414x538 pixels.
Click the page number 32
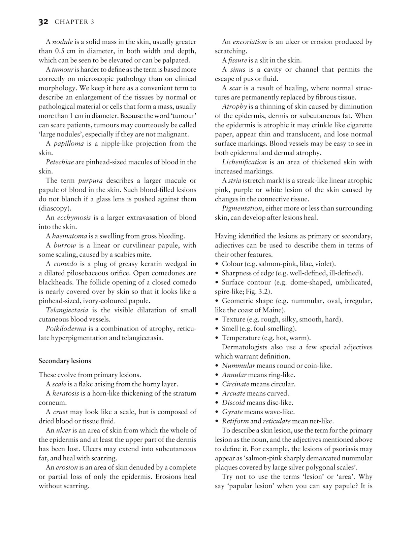coord(43,22)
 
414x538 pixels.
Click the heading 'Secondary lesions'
coord(65,361)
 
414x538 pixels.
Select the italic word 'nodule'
coord(63,42)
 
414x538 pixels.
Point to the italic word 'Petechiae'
coord(60,162)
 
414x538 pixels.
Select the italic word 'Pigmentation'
coord(242,208)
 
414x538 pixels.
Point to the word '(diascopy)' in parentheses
coord(53,208)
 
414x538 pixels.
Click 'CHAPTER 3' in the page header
coord(74,22)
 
